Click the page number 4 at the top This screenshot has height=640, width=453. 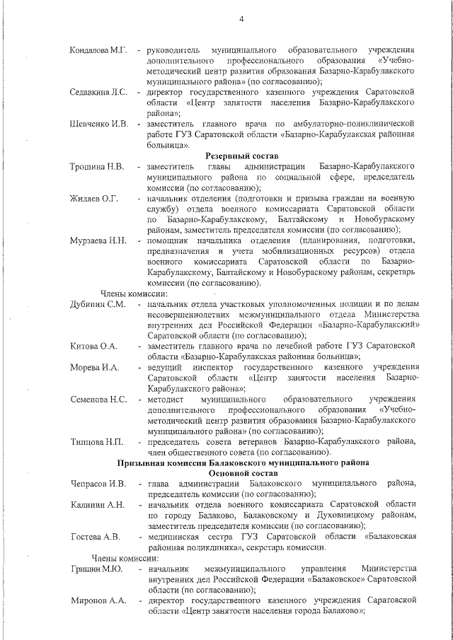pos(241,18)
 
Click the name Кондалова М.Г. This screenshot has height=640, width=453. pos(98,51)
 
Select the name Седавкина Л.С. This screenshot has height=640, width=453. pos(98,93)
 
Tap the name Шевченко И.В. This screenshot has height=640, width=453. pos(99,124)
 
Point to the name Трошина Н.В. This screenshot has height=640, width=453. pos(97,166)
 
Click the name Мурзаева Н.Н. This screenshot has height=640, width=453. pos(98,240)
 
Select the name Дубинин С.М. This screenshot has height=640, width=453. pos(98,304)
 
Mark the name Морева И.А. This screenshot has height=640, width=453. pos(95,368)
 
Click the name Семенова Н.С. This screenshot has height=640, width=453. pos(99,400)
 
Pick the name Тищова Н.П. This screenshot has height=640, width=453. pos(97,442)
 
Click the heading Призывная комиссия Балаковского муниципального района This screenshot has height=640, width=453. pos(242,462)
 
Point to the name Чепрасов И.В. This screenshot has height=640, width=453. pos(98,484)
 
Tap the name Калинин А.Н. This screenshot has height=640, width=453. pos(98,505)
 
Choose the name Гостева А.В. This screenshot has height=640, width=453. pos(96,537)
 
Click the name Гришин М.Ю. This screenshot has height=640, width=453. pos(97,569)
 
